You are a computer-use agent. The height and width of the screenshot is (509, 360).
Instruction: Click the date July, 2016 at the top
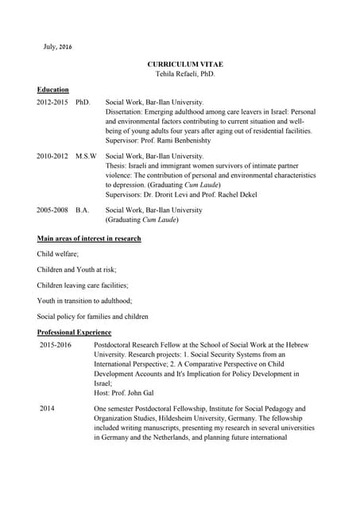point(57,47)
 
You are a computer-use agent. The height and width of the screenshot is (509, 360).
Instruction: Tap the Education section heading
point(53,90)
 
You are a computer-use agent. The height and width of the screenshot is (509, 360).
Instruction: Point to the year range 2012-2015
point(52,103)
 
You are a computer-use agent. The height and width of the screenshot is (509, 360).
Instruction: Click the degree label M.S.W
point(87,157)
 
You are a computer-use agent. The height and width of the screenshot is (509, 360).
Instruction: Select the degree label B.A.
point(83,210)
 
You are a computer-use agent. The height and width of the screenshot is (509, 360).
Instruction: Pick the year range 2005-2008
point(52,210)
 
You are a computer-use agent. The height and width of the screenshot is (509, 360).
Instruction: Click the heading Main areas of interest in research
point(89,239)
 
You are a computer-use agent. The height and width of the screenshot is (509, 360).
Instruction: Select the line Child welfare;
point(58,254)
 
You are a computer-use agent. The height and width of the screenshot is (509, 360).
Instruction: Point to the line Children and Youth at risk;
point(76,270)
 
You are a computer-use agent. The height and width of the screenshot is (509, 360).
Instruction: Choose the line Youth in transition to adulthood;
point(85,301)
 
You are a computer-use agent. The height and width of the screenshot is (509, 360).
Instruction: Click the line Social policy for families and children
point(92,316)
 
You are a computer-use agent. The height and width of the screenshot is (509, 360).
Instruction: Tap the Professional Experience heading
point(75,332)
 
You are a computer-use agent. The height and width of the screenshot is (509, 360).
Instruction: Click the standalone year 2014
point(47,408)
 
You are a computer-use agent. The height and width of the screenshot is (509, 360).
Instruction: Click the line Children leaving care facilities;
point(83,285)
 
